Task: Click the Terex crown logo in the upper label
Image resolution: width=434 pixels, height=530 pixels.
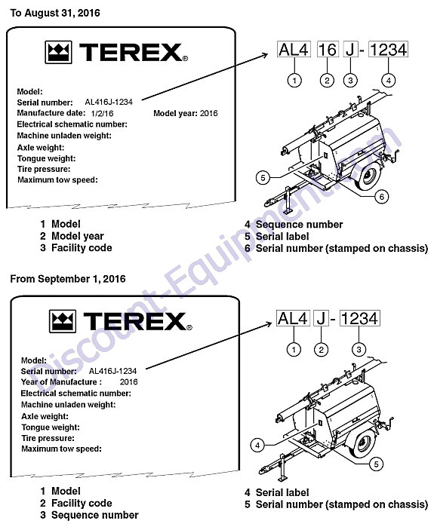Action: pyautogui.click(x=59, y=52)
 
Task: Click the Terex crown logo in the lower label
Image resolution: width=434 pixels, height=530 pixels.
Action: pyautogui.click(x=63, y=321)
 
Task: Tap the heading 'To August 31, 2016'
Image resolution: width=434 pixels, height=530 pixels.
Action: pyautogui.click(x=55, y=13)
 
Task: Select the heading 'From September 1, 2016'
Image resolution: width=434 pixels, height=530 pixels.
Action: pyautogui.click(x=68, y=279)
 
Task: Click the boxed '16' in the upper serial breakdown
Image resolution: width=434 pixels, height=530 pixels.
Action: pyautogui.click(x=328, y=49)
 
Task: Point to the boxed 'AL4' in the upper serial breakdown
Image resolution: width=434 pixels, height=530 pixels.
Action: pyautogui.click(x=294, y=49)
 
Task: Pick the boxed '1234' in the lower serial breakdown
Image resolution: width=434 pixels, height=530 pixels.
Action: pyautogui.click(x=359, y=318)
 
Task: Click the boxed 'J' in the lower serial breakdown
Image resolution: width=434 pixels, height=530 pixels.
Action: pyautogui.click(x=321, y=318)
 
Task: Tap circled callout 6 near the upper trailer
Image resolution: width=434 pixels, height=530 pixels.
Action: pyautogui.click(x=382, y=196)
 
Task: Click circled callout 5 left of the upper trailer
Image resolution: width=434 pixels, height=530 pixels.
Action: pyautogui.click(x=263, y=177)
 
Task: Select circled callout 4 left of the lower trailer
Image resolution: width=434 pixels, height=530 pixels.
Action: pyautogui.click(x=257, y=445)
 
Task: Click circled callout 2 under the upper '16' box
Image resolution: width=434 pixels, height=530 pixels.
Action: pyautogui.click(x=327, y=81)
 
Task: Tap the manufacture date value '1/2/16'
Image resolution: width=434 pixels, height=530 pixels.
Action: pyautogui.click(x=103, y=113)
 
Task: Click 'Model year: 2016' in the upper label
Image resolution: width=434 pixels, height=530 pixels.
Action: pyautogui.click(x=186, y=113)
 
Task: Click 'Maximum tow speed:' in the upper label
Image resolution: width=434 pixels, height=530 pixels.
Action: pyautogui.click(x=57, y=180)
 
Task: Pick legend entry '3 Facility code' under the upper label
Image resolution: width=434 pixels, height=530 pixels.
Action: pyautogui.click(x=76, y=248)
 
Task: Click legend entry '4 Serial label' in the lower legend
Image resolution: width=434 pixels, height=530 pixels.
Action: pyautogui.click(x=277, y=492)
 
